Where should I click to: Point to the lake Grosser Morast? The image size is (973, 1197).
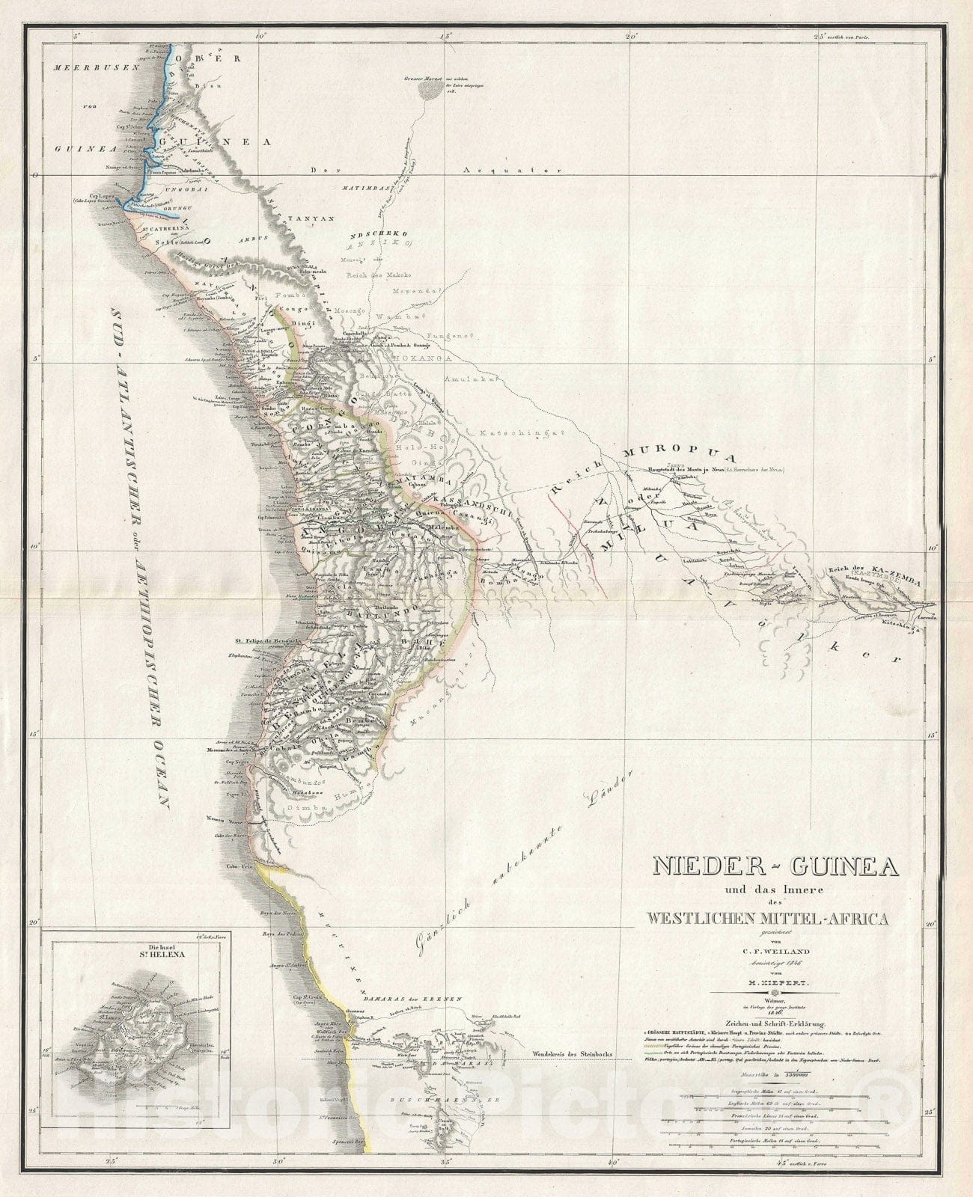click(x=429, y=91)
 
